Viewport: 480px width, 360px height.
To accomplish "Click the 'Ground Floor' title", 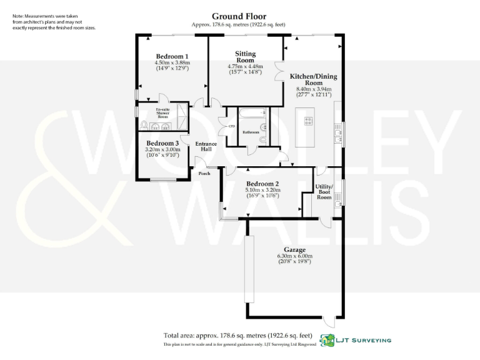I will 239,16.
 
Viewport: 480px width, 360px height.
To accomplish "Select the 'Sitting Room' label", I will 245,57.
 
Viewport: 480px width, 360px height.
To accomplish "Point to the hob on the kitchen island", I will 308,121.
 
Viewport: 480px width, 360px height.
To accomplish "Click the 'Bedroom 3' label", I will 162,143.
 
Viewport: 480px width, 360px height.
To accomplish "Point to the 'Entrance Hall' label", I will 206,147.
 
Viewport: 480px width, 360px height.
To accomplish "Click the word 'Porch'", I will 204,174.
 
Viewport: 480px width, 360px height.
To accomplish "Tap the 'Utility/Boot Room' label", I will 324,192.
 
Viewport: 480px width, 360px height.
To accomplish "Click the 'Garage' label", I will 294,249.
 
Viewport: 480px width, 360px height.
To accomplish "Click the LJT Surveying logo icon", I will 326,340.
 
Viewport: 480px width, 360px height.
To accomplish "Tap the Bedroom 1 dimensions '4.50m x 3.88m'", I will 172,62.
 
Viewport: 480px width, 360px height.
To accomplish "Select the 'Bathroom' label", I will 251,132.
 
